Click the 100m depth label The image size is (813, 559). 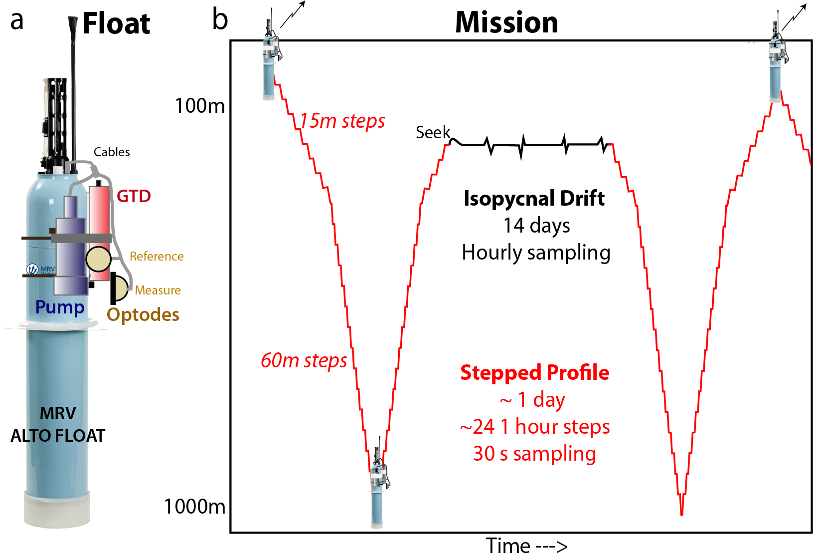[200, 106]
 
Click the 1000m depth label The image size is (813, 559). [195, 507]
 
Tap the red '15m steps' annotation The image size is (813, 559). [342, 121]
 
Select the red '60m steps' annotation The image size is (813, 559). [304, 360]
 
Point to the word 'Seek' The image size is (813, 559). [433, 133]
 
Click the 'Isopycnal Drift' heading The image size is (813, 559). [534, 199]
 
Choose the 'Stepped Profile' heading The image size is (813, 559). [534, 373]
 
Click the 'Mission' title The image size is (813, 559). [506, 23]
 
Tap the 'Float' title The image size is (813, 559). [116, 24]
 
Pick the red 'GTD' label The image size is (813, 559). [134, 196]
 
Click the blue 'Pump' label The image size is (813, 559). [60, 307]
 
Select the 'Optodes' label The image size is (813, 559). [143, 315]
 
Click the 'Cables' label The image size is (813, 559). [112, 152]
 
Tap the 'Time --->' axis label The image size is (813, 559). [526, 546]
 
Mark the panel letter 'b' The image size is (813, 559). [220, 20]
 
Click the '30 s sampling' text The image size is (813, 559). [534, 454]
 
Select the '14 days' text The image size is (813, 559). [536, 226]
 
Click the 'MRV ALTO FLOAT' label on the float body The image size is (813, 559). [58, 424]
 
